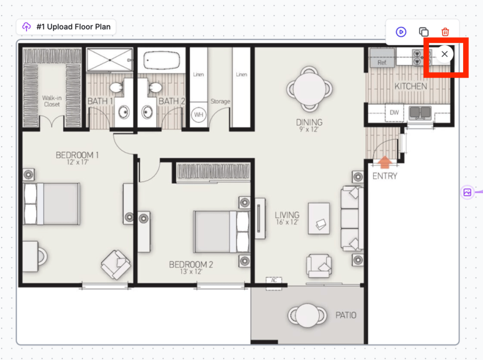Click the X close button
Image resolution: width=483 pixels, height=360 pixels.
pyautogui.click(x=444, y=54)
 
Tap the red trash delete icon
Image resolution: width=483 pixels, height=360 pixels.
pyautogui.click(x=445, y=32)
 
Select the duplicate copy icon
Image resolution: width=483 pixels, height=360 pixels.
pyautogui.click(x=424, y=32)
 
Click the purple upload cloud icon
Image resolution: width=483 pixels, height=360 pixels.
pyautogui.click(x=27, y=27)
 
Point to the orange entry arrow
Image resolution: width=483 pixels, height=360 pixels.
pyautogui.click(x=384, y=162)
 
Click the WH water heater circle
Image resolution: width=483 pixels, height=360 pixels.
pyautogui.click(x=199, y=115)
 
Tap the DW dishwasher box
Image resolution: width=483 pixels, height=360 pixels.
pyautogui.click(x=394, y=112)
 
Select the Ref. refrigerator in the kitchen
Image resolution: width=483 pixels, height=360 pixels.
pyautogui.click(x=382, y=57)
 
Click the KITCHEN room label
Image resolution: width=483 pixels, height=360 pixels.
pyautogui.click(x=411, y=86)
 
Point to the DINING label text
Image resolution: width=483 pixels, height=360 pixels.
pyautogui.click(x=309, y=122)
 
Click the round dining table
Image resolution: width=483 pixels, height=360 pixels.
pyautogui.click(x=309, y=89)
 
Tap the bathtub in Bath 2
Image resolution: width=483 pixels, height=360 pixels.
pyautogui.click(x=162, y=60)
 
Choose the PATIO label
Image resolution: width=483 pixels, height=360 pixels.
pyautogui.click(x=346, y=315)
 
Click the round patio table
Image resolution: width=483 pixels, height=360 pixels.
pyautogui.click(x=307, y=316)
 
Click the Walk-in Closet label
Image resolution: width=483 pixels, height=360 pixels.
pyautogui.click(x=52, y=101)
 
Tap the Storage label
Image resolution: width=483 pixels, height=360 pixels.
pyautogui.click(x=220, y=101)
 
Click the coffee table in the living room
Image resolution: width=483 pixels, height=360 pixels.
pyautogui.click(x=319, y=218)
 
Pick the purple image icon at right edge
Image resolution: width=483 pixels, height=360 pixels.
pyautogui.click(x=467, y=193)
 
